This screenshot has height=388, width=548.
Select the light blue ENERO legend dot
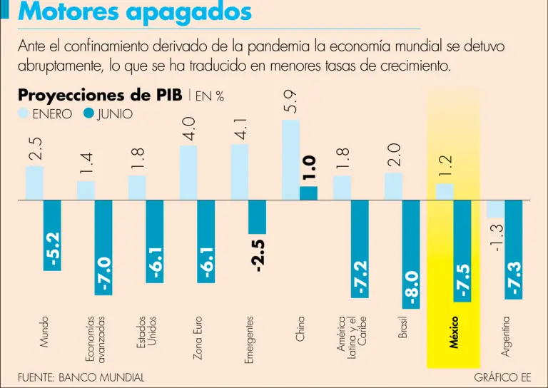coord(23,113)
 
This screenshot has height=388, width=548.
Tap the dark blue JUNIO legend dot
coord(90,113)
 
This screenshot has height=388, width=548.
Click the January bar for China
coord(290,159)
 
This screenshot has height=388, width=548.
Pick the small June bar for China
coord(308,193)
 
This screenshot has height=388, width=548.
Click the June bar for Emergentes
coord(257,216)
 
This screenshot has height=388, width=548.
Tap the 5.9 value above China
coord(291,103)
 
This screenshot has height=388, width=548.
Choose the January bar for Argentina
coord(495,208)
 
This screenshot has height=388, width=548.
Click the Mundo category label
coord(45,333)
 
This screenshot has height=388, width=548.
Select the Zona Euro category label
coord(198,337)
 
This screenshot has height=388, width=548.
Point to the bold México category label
coord(455,332)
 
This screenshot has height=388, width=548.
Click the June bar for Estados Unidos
coord(154,241)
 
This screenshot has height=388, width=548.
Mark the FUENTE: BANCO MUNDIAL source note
coord(81,377)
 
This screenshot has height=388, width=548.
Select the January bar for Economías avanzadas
coord(86,190)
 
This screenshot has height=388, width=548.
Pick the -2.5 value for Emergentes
coord(257,255)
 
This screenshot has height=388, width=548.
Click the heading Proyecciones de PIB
coord(100,95)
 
